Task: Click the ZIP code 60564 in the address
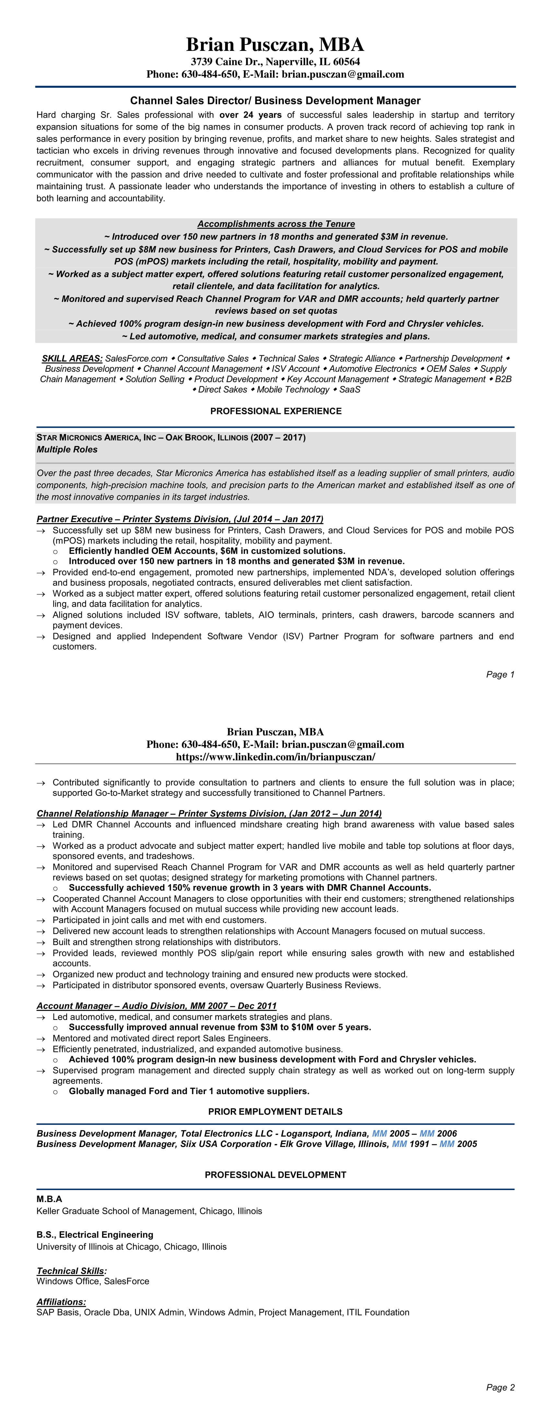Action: point(347,62)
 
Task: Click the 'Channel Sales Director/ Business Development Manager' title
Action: point(275,101)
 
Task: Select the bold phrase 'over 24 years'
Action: point(250,115)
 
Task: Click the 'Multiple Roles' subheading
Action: point(67,450)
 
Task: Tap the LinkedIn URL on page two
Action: point(275,757)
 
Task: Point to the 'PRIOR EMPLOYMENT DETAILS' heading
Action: point(275,1112)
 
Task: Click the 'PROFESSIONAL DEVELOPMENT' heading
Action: point(275,1175)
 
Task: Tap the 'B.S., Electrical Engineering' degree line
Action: point(95,1234)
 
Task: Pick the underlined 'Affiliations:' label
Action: point(61,1302)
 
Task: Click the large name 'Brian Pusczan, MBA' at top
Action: point(275,44)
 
